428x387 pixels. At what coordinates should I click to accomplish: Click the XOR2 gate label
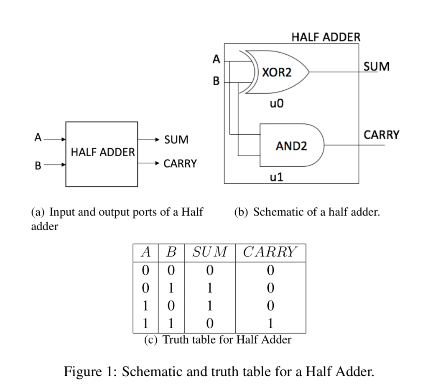[277, 72]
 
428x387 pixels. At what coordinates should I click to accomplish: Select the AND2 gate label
[291, 146]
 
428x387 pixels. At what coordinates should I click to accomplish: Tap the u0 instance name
[277, 103]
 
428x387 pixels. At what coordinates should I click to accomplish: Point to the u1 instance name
[277, 177]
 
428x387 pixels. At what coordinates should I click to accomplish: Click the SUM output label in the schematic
[377, 66]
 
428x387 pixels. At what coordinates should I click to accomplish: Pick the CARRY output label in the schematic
[381, 135]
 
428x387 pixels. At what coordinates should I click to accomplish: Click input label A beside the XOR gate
[216, 59]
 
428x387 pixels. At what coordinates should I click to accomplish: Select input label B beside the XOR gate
[216, 81]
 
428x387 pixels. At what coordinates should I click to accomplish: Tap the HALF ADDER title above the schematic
[326, 37]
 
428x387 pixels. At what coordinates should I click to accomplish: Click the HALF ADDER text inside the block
[103, 152]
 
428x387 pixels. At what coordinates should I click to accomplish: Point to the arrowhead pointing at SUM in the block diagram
[157, 140]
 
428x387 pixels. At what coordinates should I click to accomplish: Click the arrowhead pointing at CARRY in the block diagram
[157, 163]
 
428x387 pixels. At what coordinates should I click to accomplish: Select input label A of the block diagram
[38, 137]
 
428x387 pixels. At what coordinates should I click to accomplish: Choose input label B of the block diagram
[38, 165]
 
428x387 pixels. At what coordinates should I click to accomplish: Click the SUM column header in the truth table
[210, 252]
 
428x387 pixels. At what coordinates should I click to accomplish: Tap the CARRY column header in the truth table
[270, 252]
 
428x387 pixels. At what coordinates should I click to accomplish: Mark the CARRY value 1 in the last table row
[270, 323]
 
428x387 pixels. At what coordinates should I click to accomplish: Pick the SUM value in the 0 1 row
[210, 288]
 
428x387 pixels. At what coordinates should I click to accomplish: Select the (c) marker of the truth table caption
[151, 340]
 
